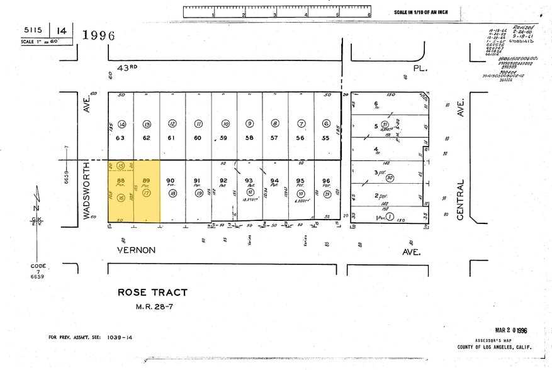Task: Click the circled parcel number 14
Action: (121, 124)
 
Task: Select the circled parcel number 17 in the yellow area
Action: (147, 194)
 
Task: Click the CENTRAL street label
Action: (460, 200)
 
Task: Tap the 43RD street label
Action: (127, 67)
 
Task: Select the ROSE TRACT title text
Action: (153, 292)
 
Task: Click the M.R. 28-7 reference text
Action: (152, 307)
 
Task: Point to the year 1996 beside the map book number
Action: (99, 35)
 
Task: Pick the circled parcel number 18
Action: (172, 194)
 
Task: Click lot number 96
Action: (326, 181)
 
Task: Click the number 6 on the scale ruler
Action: (369, 14)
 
